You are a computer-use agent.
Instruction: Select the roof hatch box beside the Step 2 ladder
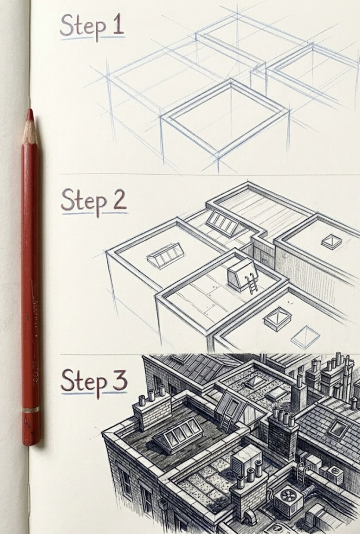[239, 273]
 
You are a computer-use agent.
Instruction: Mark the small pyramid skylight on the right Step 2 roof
[332, 241]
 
